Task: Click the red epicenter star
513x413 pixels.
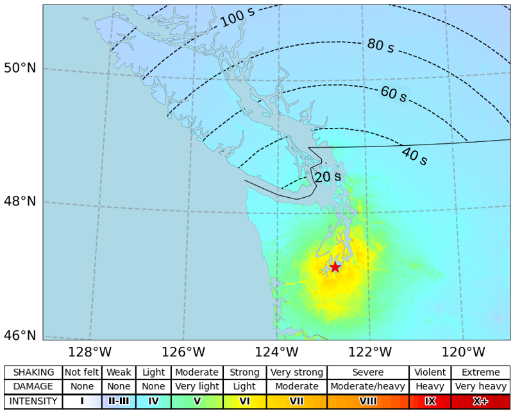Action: [334, 267]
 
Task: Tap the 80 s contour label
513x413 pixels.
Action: [380, 46]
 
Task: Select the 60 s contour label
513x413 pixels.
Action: [393, 94]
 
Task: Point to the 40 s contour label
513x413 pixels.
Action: [414, 155]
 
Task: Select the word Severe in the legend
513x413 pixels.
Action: [368, 373]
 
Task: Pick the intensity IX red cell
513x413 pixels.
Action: [430, 401]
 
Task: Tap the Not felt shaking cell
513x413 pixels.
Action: [82, 373]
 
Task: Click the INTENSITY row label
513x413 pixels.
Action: [34, 401]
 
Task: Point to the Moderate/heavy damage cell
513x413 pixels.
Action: [368, 387]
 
